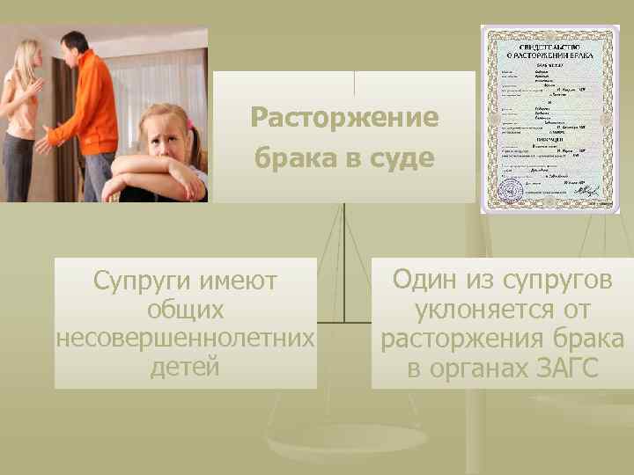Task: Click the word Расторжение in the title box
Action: tap(344, 118)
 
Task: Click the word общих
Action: tap(186, 311)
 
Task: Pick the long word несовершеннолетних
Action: tap(185, 339)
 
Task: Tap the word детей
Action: tap(185, 366)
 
